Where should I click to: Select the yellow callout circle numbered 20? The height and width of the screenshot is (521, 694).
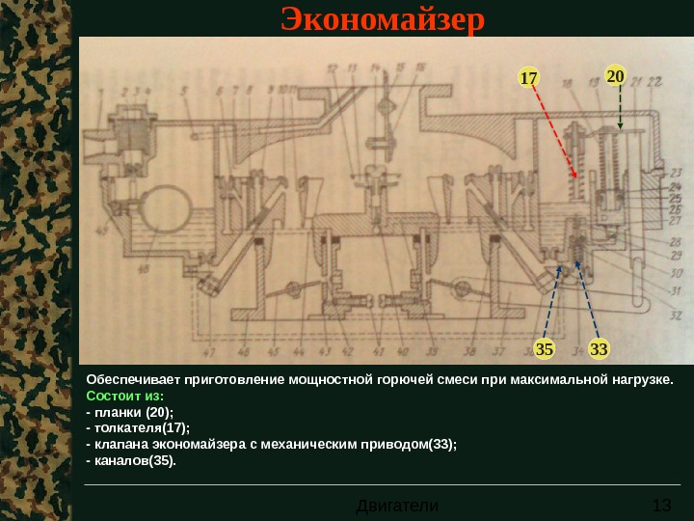tap(615, 75)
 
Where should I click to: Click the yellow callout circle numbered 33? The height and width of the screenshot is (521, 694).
tap(600, 346)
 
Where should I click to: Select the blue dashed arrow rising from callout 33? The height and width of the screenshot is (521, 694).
tap(586, 299)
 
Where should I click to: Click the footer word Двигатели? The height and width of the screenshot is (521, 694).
tap(397, 506)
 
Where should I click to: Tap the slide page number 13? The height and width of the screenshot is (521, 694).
tap(661, 506)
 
